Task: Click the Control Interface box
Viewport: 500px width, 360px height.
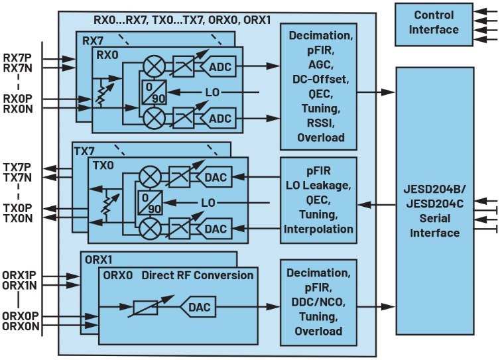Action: pyautogui.click(x=435, y=23)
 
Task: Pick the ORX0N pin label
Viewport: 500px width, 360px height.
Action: pyautogui.click(x=21, y=326)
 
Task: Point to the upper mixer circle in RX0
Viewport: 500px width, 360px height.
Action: pyautogui.click(x=153, y=66)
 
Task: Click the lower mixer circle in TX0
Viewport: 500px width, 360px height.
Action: pyautogui.click(x=149, y=229)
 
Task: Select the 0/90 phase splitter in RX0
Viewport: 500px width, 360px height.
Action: pyautogui.click(x=153, y=91)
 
